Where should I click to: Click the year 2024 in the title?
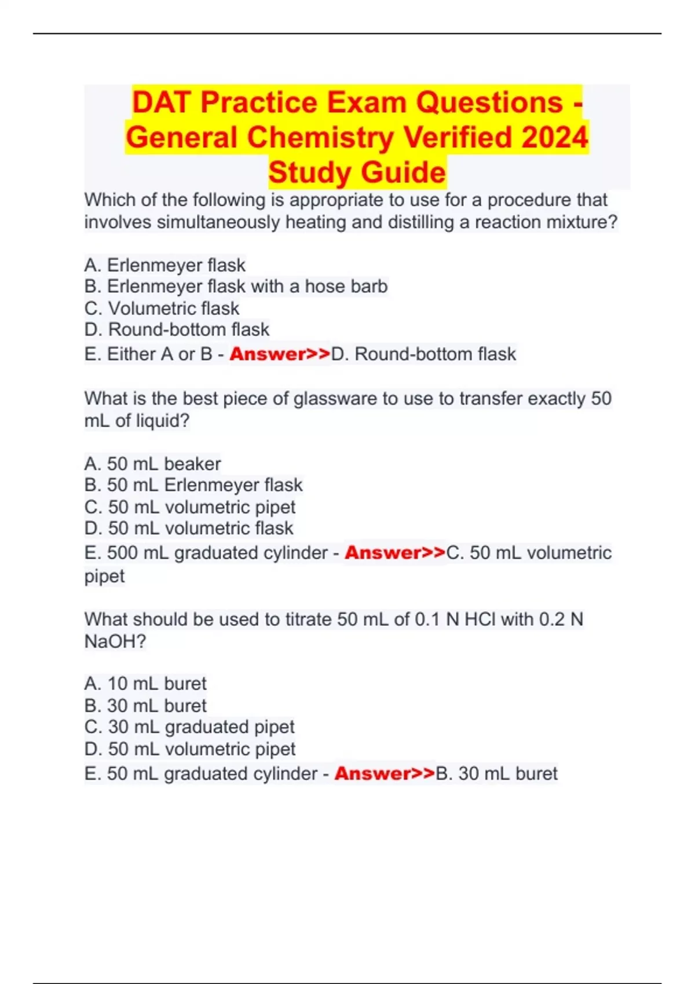click(x=554, y=138)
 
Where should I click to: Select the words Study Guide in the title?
click(x=357, y=172)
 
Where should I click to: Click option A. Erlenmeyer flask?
click(x=164, y=265)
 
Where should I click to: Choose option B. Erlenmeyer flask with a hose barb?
click(x=236, y=287)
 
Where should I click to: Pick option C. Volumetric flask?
click(x=162, y=309)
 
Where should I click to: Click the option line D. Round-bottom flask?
click(x=177, y=330)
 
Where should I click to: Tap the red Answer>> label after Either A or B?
click(x=280, y=354)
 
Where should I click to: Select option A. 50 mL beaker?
click(x=152, y=464)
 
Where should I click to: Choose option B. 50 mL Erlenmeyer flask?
click(x=193, y=485)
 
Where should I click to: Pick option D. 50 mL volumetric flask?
click(x=189, y=528)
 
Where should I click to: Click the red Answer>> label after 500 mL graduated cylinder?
click(x=395, y=553)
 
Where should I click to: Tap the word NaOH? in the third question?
click(x=115, y=641)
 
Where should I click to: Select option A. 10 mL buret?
click(x=145, y=684)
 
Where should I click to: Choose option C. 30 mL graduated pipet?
click(x=189, y=727)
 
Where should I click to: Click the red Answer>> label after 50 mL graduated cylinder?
click(x=385, y=774)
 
